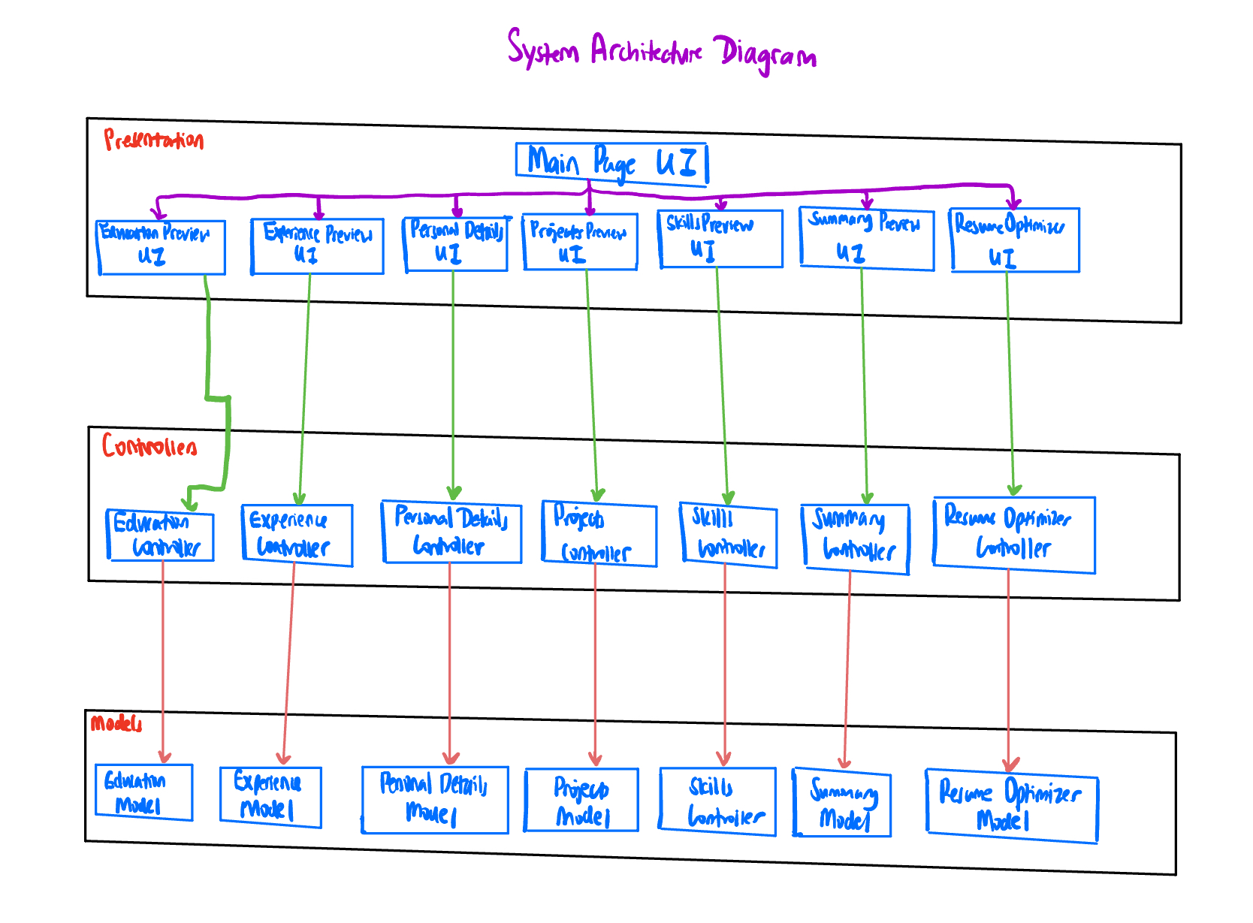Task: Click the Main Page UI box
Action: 611,163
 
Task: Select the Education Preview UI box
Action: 162,247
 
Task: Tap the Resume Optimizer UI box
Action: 1015,240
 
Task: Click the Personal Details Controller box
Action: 451,532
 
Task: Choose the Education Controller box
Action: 161,536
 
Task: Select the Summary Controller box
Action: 856,538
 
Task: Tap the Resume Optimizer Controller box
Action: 1014,535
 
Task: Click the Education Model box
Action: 143,792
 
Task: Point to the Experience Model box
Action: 270,797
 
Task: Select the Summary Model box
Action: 842,803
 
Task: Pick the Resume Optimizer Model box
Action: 1012,806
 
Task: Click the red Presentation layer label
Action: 154,140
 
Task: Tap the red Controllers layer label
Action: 149,447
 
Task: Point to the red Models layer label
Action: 116,724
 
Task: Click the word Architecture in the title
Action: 646,51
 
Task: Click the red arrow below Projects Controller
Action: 595,661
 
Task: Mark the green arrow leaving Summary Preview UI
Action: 865,383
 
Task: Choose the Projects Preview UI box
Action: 580,242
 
